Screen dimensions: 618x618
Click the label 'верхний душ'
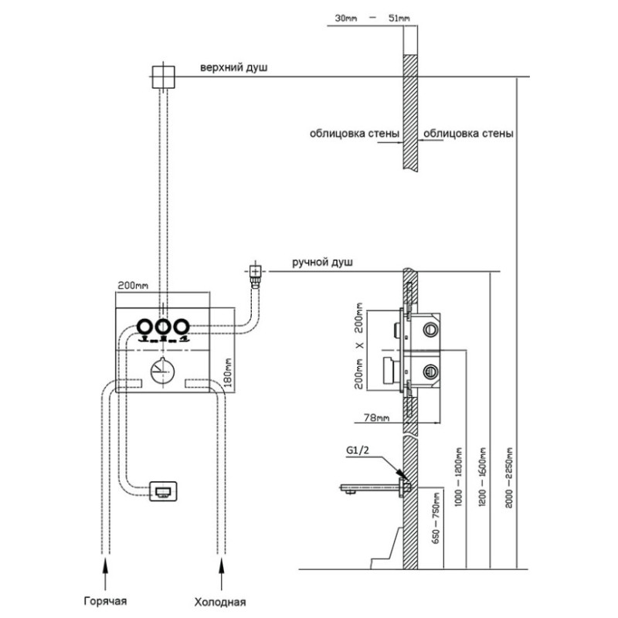[233, 69]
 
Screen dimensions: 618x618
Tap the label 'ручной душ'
[322, 263]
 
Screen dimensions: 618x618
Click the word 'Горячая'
[106, 600]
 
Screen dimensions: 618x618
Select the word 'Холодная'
[220, 601]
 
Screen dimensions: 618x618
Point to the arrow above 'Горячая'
[106, 571]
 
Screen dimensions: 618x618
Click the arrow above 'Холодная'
[222, 571]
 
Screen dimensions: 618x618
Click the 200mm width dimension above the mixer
[131, 286]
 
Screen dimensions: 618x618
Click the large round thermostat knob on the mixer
[163, 373]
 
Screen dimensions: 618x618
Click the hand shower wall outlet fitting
[254, 271]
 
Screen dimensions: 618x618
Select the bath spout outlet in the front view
[164, 490]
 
